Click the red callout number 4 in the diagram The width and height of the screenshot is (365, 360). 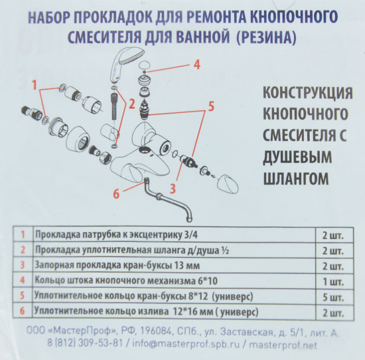(x=196, y=65)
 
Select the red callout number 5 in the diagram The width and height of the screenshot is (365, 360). (x=211, y=106)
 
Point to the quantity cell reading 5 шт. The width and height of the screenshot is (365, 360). (x=332, y=296)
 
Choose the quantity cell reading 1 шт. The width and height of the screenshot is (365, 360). (x=332, y=280)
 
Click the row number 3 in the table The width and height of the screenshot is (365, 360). (x=23, y=265)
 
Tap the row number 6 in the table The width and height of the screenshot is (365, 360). (x=23, y=311)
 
